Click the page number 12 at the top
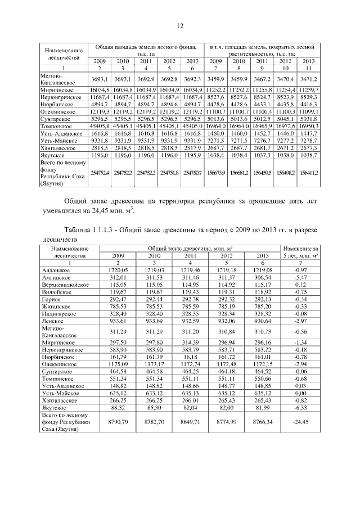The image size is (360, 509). [x=180, y=26]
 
